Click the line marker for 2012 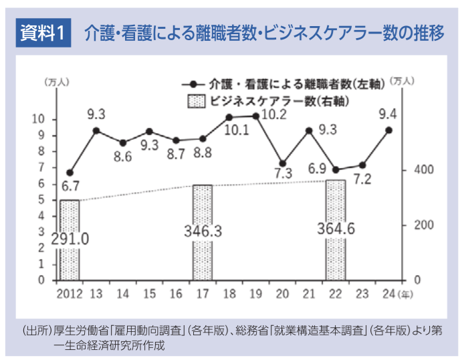(70, 173)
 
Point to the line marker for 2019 (256, 116)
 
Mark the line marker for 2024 (388, 130)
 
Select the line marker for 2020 (282, 163)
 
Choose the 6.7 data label (70, 185)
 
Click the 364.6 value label (336, 228)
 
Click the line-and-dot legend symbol (194, 85)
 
